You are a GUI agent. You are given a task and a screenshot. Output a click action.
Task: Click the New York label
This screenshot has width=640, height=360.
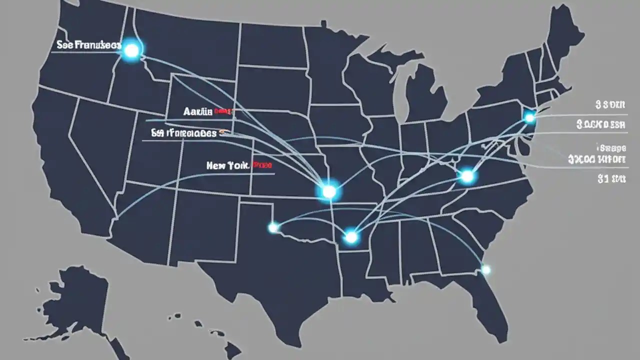[227, 165]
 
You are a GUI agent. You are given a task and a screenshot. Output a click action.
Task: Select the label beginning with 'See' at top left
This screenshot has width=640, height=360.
[88, 45]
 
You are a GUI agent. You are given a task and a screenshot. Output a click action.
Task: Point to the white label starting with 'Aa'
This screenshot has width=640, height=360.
[197, 112]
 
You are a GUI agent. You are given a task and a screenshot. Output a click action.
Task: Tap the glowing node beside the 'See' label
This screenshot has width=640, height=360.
[131, 50]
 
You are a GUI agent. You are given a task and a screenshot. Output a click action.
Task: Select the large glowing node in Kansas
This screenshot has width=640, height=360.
[329, 191]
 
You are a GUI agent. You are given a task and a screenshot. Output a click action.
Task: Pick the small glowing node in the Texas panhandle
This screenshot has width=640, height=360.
[273, 228]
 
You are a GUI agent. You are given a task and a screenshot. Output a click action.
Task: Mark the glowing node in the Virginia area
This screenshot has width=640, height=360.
[467, 176]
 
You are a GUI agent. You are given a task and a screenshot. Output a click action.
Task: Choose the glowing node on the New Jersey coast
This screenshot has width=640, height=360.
[529, 118]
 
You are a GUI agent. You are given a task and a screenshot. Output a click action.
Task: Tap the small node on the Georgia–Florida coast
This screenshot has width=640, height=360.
[485, 270]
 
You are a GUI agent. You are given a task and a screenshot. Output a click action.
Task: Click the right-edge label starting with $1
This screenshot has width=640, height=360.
[611, 178]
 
